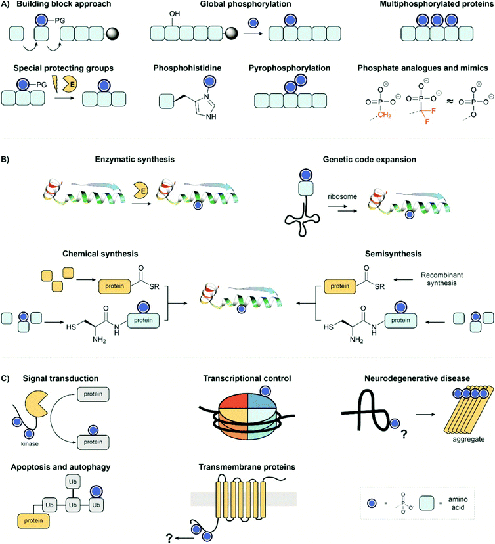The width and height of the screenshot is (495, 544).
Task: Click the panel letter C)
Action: tap(6, 379)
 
